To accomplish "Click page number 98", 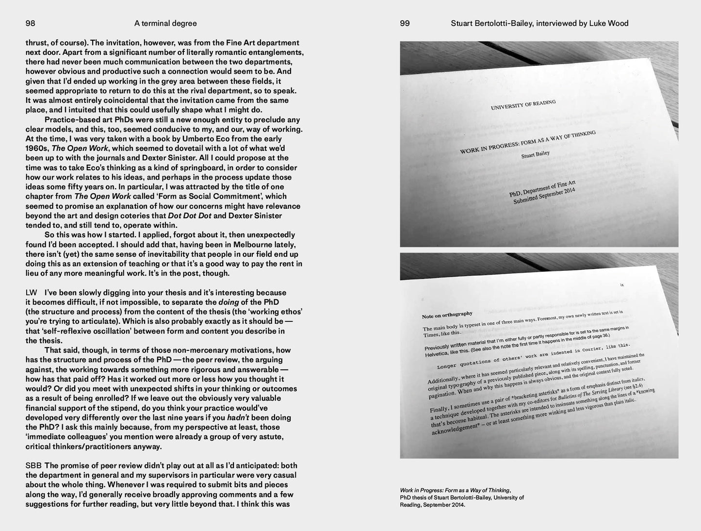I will tap(30, 23).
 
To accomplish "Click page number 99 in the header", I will tap(405, 23).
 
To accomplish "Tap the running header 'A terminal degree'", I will tap(165, 23).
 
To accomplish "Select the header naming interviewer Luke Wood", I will tap(539, 23).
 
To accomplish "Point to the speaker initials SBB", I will tap(33, 465).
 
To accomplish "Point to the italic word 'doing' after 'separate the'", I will tap(228, 302).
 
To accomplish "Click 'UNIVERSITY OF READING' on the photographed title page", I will tap(523, 105).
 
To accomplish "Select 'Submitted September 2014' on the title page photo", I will tap(544, 196).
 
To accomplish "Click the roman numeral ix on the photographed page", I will tap(622, 285).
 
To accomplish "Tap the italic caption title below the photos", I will tap(455, 490).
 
